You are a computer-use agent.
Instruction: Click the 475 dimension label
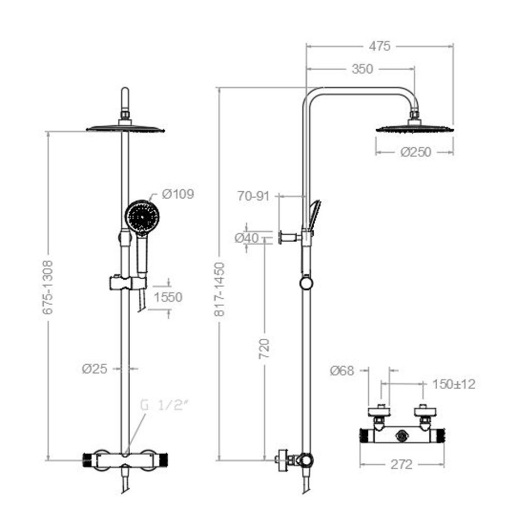(379, 46)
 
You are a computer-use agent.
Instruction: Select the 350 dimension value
(362, 69)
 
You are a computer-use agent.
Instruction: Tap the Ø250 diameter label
(416, 152)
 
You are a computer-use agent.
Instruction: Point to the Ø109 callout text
(178, 194)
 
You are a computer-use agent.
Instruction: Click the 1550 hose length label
(168, 297)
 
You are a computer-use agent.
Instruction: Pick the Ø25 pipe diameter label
(95, 369)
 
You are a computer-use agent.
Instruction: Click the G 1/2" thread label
(164, 405)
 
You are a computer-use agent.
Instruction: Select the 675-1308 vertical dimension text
(48, 287)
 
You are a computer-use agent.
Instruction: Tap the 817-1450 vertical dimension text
(219, 289)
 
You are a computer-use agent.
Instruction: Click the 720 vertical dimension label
(264, 348)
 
